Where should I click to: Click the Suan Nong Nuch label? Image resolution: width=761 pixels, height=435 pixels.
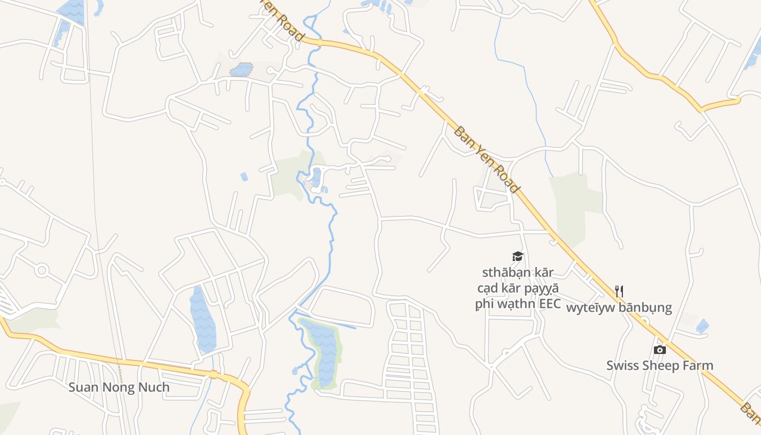(118, 388)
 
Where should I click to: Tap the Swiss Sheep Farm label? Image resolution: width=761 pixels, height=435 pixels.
(659, 365)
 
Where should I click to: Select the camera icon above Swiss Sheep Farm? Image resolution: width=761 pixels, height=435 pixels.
(660, 350)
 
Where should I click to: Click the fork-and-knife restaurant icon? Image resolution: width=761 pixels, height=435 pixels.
(619, 291)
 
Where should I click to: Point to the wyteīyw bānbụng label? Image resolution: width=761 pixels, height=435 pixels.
(619, 308)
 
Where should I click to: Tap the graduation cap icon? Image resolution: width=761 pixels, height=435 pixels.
(517, 256)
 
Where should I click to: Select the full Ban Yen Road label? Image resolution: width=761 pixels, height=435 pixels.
(486, 159)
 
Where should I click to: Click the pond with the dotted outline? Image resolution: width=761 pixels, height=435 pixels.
(241, 70)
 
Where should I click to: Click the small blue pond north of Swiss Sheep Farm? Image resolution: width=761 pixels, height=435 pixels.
(702, 326)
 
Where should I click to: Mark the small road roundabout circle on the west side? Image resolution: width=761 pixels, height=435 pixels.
(42, 270)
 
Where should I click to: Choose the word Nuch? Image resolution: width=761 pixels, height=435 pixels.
(155, 388)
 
